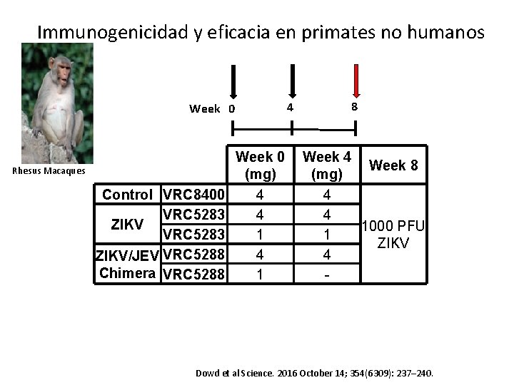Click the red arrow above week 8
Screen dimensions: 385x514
[x=356, y=81]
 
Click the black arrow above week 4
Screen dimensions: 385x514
[x=291, y=81]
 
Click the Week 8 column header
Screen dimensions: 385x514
[x=393, y=166]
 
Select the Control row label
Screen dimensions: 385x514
[x=127, y=195]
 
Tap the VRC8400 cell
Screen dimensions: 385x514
[x=194, y=195]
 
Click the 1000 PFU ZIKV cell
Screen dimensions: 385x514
[x=393, y=235]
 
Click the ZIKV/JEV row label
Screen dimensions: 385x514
[x=128, y=255]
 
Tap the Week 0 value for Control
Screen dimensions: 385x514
[x=260, y=195]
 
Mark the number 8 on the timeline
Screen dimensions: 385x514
[x=354, y=107]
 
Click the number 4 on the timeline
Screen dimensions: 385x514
[x=289, y=107]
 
